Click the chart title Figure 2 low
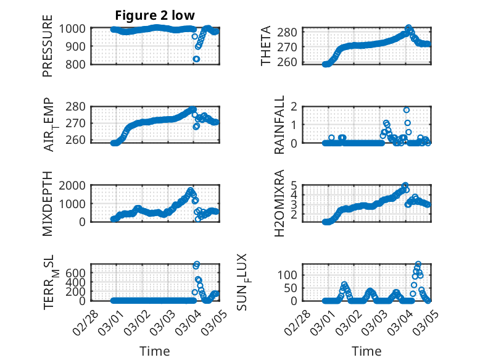tap(155, 16)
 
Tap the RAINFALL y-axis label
tap(279, 125)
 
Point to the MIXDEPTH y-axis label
tap(48, 203)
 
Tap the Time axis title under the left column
tap(154, 351)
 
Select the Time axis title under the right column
tap(367, 351)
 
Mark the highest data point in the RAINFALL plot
tap(407, 110)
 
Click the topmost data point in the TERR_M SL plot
tap(197, 264)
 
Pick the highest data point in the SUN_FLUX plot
tap(418, 264)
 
